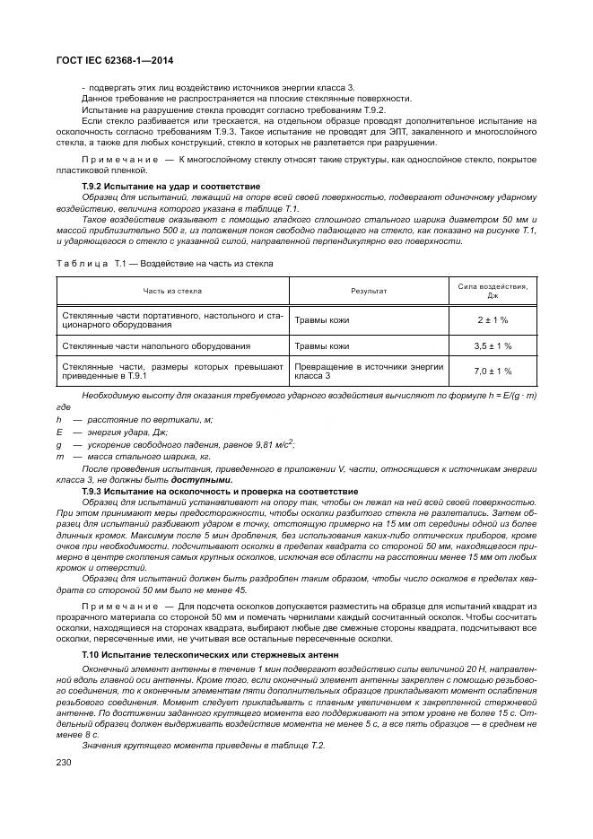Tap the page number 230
pyautogui.click(x=65, y=762)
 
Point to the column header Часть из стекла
pyautogui.click(x=172, y=291)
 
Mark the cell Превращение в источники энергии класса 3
pyautogui.click(x=368, y=371)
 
